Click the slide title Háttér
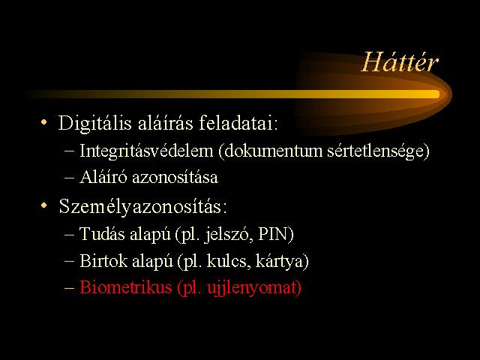pos(400,62)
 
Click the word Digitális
pos(95,124)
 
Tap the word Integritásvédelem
pos(146,151)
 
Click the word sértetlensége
pos(376,151)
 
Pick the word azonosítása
pos(175,178)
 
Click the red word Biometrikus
pos(125,287)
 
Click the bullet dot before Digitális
pos(44,122)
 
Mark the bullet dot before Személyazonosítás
pos(44,205)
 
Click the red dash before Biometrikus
pos(70,288)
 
